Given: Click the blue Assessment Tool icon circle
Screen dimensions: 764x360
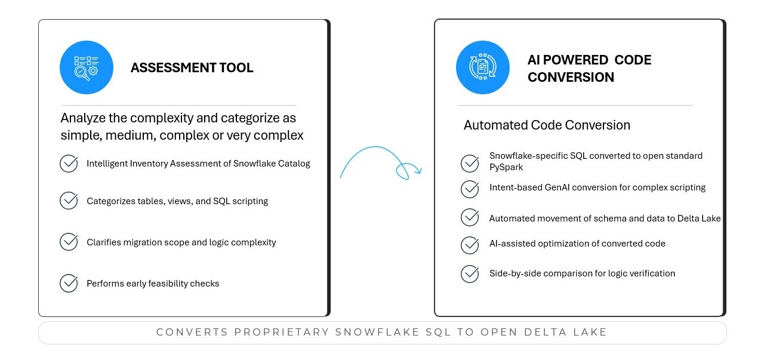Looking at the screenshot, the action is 87,67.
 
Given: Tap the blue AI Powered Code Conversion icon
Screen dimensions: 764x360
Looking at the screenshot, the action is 483,67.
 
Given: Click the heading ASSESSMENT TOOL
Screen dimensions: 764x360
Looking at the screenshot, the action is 192,67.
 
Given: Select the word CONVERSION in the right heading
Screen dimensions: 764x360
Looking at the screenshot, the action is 571,77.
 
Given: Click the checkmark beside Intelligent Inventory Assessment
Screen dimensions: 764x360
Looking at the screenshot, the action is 69,164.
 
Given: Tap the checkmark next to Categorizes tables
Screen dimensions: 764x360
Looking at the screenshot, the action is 69,201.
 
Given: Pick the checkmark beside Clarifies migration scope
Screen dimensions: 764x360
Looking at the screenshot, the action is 69,242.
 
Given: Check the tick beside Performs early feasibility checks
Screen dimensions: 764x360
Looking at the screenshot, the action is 69,283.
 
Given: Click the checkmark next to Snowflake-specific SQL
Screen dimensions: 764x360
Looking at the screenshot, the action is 470,163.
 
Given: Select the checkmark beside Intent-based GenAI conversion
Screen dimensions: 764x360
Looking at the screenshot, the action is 470,189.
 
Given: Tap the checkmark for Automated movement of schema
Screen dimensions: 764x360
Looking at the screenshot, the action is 470,217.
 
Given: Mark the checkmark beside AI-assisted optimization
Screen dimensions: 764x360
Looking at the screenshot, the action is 470,245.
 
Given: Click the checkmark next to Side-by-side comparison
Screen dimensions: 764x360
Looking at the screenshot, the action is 470,273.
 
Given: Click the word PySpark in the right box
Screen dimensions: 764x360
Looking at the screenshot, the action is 506,167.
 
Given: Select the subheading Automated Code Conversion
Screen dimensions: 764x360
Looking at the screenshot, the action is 547,125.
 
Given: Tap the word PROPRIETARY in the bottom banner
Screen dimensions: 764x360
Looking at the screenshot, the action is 282,332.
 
